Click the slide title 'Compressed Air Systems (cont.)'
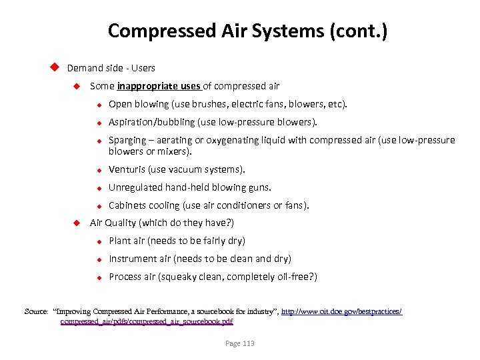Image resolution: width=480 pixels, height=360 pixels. point(247,31)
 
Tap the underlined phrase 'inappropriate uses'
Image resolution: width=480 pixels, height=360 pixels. point(159,86)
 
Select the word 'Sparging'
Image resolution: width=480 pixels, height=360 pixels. point(127,140)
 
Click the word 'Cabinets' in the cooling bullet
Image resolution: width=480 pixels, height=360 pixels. point(127,205)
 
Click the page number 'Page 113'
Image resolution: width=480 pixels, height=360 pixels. point(240,343)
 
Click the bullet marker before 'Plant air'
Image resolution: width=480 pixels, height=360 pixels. point(97,241)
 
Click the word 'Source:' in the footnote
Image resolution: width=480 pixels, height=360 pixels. point(37,311)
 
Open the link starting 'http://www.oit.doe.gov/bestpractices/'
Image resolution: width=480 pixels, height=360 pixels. point(341,311)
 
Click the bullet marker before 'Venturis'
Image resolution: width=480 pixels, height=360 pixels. point(97,170)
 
